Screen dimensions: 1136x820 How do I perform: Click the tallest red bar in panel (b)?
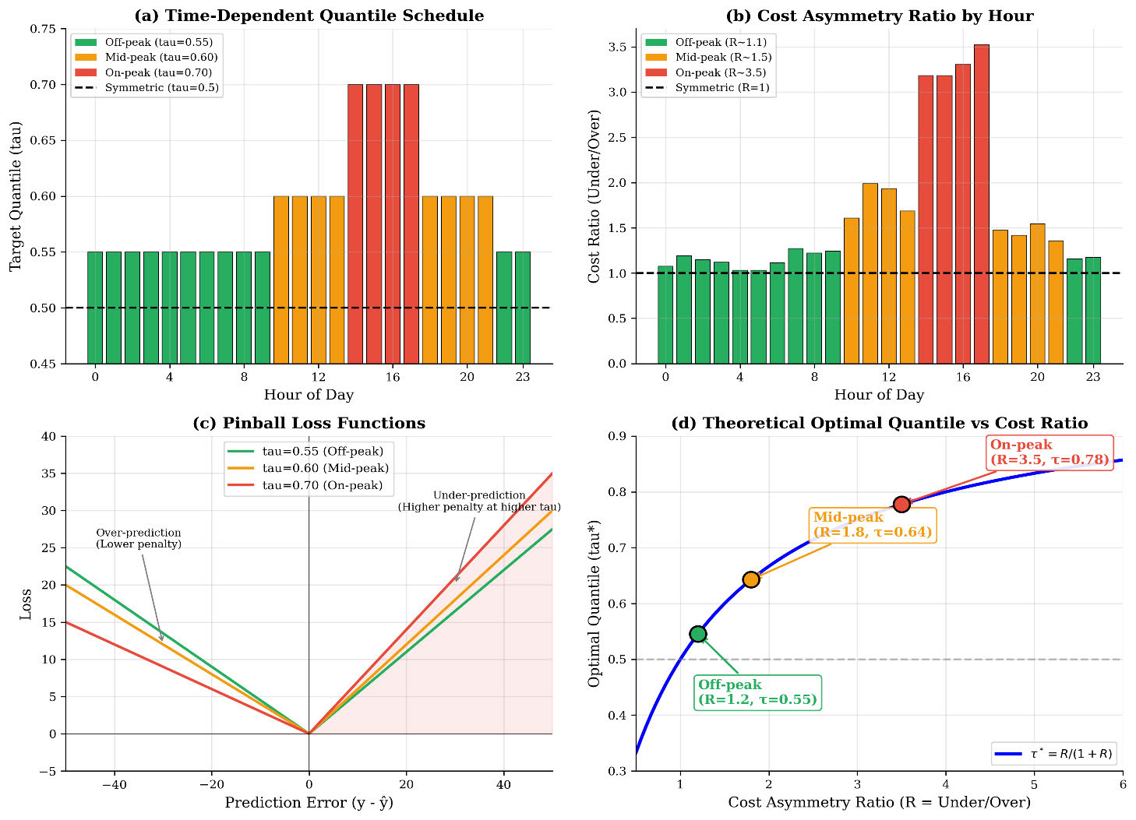tap(981, 204)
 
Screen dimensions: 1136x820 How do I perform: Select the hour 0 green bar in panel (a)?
tap(95, 308)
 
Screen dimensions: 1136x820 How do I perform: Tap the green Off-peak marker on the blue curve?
tap(698, 634)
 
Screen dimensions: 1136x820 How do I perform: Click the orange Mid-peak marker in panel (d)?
tap(750, 579)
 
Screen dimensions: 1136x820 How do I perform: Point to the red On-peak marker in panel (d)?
tap(901, 505)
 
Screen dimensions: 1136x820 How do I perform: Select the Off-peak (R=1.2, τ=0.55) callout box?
tap(757, 692)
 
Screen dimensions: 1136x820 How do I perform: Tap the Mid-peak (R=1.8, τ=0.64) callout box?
tap(873, 525)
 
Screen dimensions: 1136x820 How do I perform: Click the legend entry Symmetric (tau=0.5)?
tap(146, 88)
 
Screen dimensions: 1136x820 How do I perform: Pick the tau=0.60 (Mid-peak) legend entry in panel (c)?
tap(308, 468)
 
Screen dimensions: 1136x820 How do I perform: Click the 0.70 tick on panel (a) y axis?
tap(43, 85)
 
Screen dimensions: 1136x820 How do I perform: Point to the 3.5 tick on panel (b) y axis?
tap(617, 48)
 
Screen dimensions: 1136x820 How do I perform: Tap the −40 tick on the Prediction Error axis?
tap(114, 784)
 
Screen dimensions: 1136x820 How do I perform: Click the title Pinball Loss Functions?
tap(324, 423)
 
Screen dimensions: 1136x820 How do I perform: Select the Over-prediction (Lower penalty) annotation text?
tap(139, 538)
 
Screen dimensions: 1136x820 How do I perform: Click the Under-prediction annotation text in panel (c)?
tap(479, 501)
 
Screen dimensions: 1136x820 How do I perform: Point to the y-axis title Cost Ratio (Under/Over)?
tap(594, 196)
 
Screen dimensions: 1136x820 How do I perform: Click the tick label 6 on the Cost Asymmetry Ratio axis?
tap(1122, 784)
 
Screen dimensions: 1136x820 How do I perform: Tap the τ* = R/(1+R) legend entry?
tap(1053, 754)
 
